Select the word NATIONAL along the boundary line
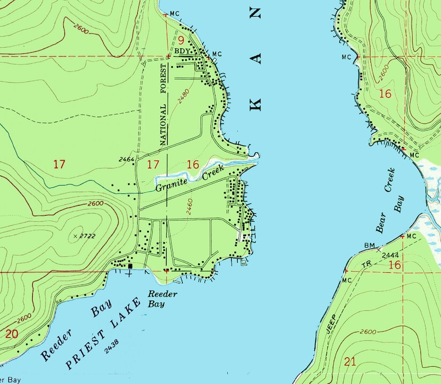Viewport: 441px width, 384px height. [x=164, y=127]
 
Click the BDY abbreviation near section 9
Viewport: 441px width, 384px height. [x=183, y=51]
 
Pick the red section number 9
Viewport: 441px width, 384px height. [x=181, y=40]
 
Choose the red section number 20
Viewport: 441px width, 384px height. [x=11, y=334]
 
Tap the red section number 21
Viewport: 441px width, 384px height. [x=350, y=362]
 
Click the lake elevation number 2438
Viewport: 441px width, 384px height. [x=111, y=349]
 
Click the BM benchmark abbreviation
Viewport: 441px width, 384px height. [x=370, y=245]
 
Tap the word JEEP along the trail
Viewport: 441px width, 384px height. [x=332, y=325]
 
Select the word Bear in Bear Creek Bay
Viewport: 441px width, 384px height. [x=381, y=222]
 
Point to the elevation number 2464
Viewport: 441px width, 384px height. [x=127, y=160]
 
